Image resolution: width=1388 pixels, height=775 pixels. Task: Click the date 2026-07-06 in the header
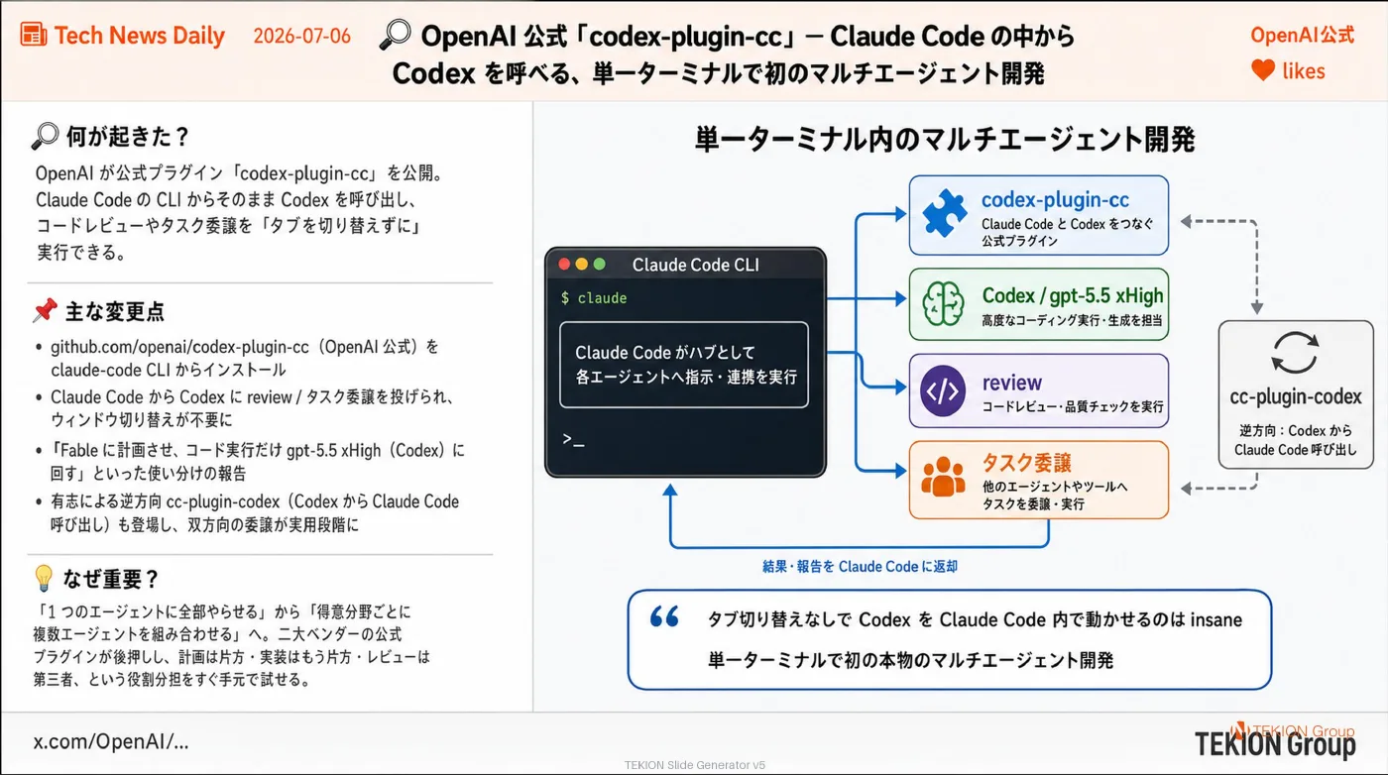[x=301, y=36]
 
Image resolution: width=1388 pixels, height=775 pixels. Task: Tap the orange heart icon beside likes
[x=1263, y=70]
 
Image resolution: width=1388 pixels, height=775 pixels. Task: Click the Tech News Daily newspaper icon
[x=34, y=34]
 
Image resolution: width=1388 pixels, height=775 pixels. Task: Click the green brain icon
[x=943, y=304]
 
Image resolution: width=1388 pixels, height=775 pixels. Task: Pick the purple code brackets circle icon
[x=943, y=390]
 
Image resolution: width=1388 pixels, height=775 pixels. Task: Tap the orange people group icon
[x=943, y=477]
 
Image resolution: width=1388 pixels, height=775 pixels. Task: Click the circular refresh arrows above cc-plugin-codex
[x=1295, y=353]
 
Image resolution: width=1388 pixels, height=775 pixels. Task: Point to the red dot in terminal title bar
[x=564, y=265]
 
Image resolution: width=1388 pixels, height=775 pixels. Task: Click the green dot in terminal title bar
[x=599, y=265]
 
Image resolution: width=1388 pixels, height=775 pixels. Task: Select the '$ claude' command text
[x=594, y=298]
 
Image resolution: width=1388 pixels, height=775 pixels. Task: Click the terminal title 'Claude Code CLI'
[x=695, y=266]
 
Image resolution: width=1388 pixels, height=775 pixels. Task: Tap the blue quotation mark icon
[x=664, y=617]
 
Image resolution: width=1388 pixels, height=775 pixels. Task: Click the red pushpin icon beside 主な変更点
[x=46, y=310]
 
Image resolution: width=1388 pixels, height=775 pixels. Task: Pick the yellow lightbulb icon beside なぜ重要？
[x=44, y=578]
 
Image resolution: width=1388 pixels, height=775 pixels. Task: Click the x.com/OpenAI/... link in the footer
[x=111, y=741]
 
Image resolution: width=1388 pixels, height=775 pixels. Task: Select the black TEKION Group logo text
[x=1275, y=744]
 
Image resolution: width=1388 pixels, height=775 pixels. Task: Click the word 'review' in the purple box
[x=1012, y=383]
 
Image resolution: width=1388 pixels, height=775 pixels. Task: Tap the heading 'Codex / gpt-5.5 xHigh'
[x=1073, y=296]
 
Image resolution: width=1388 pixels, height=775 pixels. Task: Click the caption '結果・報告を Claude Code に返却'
[x=861, y=567]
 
